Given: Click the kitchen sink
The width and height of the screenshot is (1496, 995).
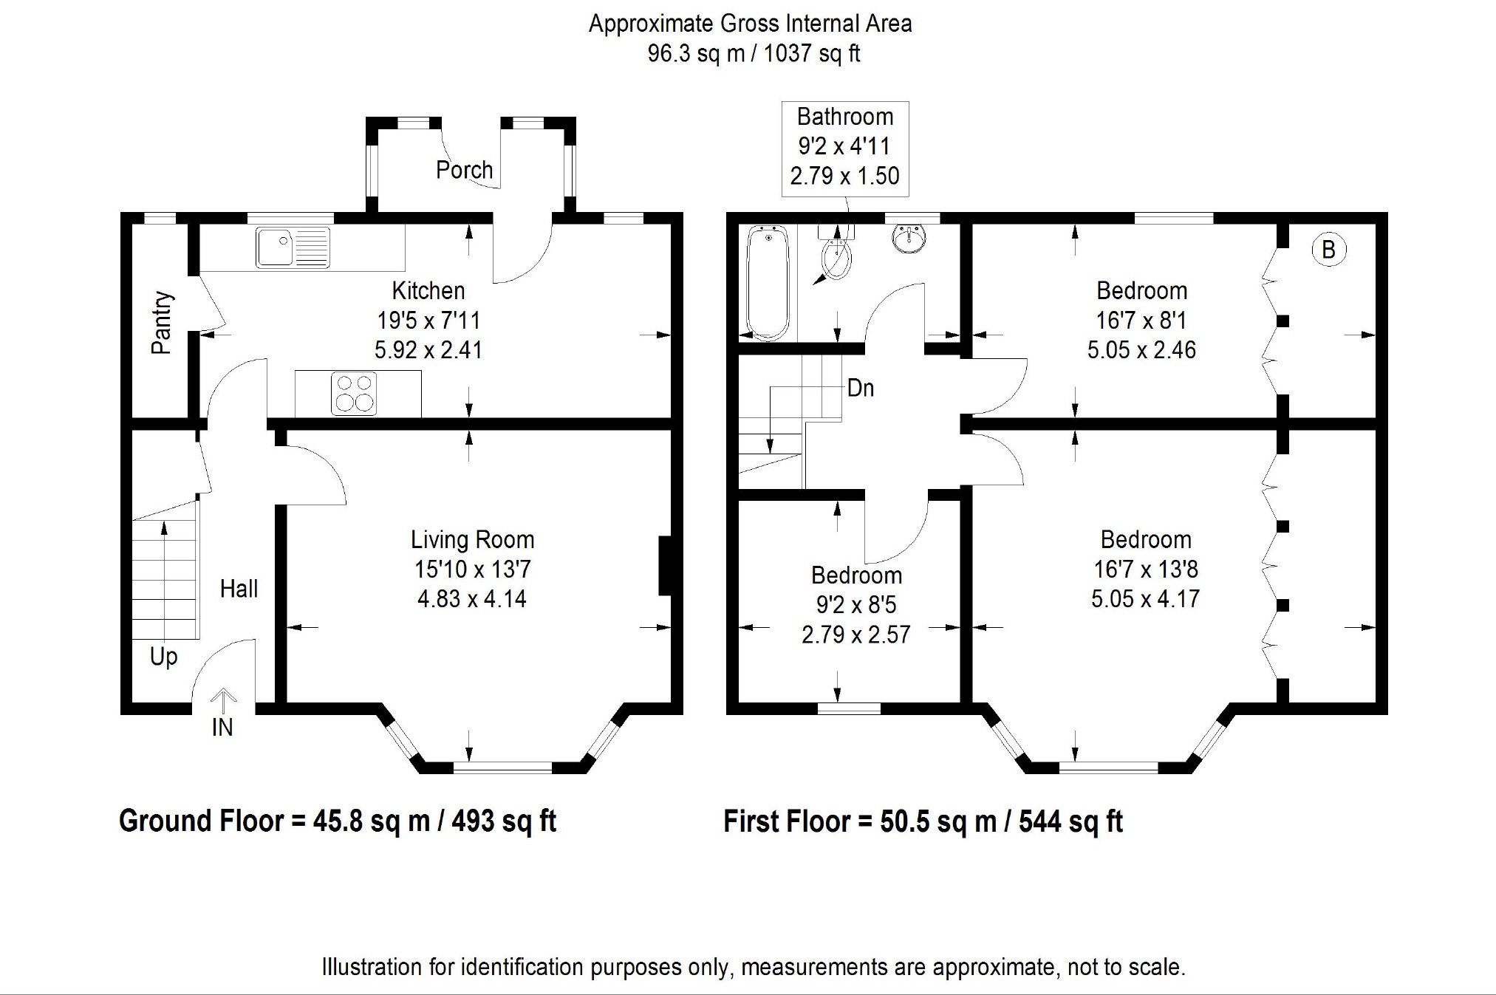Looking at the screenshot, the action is point(293,247).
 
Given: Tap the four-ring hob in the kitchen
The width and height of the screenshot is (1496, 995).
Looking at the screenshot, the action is point(355,393).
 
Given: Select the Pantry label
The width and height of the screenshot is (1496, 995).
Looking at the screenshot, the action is point(162,323).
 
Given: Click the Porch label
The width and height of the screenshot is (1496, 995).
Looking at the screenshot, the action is point(464,171).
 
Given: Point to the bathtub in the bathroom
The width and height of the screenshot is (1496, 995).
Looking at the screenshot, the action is point(769,282).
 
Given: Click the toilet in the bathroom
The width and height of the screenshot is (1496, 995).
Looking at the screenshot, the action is point(836,255).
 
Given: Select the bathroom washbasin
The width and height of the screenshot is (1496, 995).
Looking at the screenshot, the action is point(909,238).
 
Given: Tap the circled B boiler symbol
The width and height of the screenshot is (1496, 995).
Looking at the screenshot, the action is point(1328,250).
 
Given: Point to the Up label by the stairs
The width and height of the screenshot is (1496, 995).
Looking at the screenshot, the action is point(163,657).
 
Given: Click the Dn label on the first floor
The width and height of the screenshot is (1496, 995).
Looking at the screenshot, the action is point(861,388).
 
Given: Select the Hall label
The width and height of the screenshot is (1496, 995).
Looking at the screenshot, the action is point(239,589).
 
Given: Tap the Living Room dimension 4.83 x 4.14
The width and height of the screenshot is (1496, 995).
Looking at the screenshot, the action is point(472,598).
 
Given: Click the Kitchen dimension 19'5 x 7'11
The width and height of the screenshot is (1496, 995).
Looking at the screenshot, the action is point(428,321).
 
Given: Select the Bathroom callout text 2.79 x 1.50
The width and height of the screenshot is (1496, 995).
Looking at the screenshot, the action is point(844,176).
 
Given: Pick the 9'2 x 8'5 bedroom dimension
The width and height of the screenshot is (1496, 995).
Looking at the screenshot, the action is point(855,605).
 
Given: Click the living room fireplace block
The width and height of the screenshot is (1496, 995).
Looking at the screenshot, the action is point(665,566).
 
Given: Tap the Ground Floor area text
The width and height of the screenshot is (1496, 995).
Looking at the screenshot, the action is point(338,821).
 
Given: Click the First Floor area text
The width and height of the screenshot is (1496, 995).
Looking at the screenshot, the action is point(923,821).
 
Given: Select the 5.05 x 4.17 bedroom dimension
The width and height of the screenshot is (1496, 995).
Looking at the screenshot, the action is point(1145,598).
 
